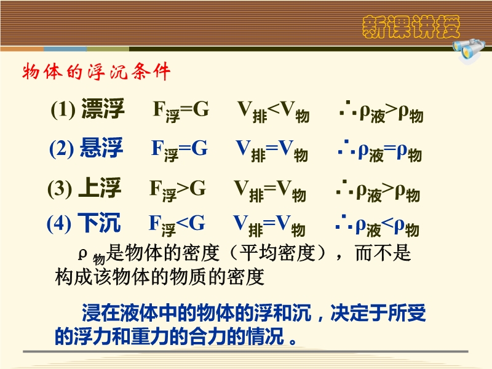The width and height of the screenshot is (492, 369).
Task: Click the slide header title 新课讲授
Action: pos(411,27)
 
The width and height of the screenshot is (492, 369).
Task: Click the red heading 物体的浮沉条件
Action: pos(97,72)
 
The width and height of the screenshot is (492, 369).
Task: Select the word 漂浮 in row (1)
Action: pos(103,109)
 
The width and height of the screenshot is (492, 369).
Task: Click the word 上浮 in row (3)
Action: pos(100,188)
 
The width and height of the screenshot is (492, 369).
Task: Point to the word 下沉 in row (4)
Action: pos(99,223)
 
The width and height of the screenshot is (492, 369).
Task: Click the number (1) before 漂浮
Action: pos(63,110)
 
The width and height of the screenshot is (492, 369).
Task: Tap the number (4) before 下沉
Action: pos(59,224)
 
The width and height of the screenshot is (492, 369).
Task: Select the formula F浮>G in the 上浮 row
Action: pos(178,190)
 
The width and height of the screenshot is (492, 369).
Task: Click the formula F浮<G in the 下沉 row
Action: pos(177,225)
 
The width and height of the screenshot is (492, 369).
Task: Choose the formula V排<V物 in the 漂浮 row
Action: pos(274,112)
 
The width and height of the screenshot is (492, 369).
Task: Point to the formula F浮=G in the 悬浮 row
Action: pos(180,151)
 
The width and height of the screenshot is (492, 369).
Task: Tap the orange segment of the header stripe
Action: pos(22,49)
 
